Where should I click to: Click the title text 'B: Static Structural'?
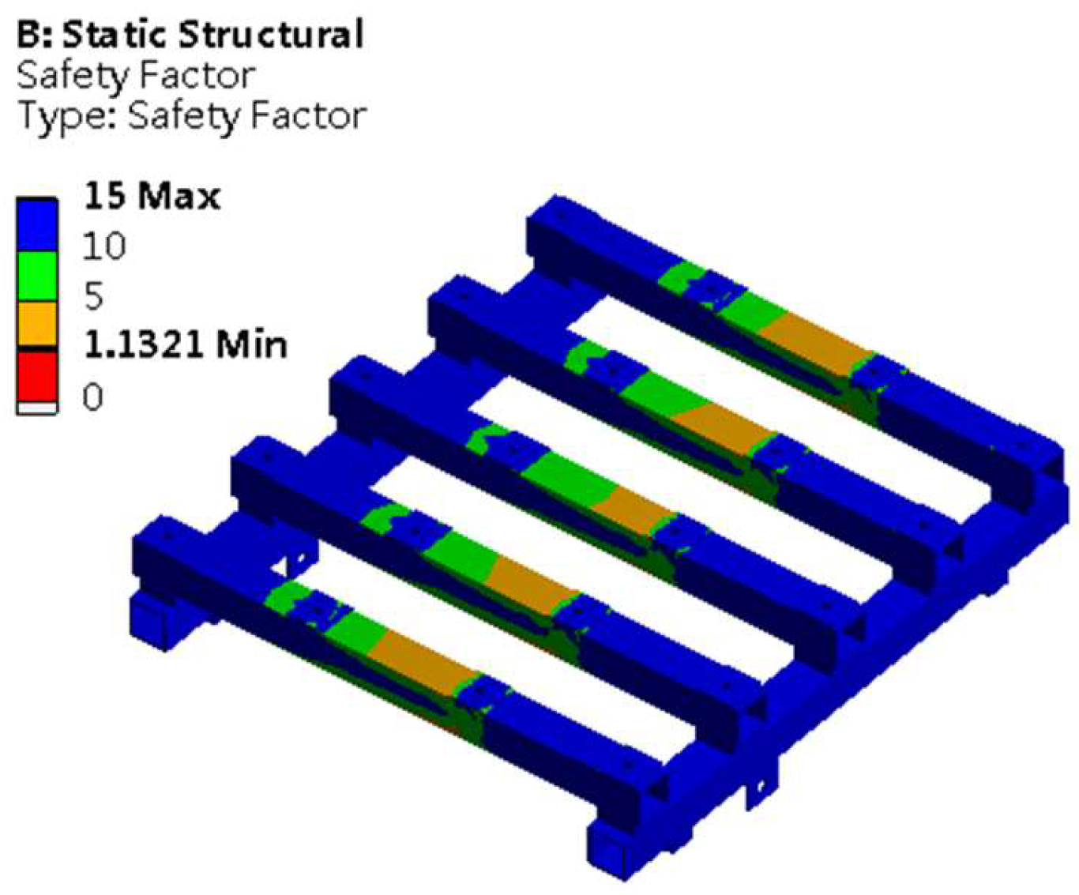coord(190,35)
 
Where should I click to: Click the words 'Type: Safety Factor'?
coord(192,115)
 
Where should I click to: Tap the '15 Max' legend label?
coord(152,195)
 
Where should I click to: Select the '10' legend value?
coord(103,246)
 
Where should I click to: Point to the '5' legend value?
coord(93,296)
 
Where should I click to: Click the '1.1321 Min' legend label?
coord(185,345)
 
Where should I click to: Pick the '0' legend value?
coord(92,397)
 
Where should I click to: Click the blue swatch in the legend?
coord(37,225)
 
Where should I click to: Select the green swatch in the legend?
coord(37,276)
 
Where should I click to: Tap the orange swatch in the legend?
coord(37,323)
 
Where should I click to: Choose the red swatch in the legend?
coord(37,375)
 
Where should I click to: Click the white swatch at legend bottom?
coord(37,408)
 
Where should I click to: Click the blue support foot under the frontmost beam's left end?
coord(155,620)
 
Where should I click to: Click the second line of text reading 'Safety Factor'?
coord(135,76)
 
